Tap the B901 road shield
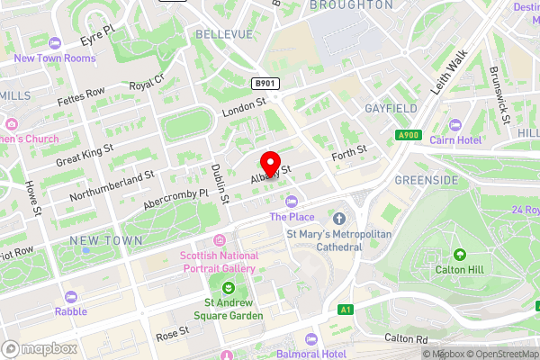tap(265, 84)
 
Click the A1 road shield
tap(346, 310)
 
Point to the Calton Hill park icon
tap(460, 256)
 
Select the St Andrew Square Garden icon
tap(228, 288)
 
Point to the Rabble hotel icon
tap(70, 296)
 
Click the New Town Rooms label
tap(54, 58)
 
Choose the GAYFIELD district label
tap(391, 108)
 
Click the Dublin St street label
tap(217, 179)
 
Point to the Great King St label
tap(85, 154)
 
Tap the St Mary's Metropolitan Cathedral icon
tap(339, 219)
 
